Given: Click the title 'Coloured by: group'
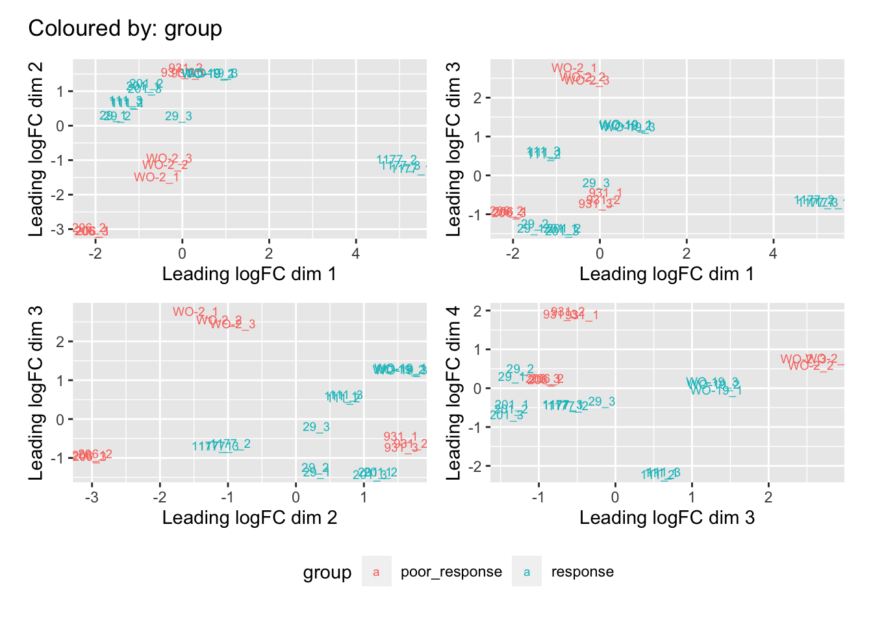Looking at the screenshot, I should click(x=125, y=29).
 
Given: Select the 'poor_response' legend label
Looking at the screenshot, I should click(x=451, y=572).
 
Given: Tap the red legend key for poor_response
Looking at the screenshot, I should click(x=376, y=572).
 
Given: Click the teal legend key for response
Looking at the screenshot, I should click(x=527, y=572).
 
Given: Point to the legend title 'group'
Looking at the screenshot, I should click(x=327, y=573).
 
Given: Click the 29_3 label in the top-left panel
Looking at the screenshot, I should click(x=178, y=116).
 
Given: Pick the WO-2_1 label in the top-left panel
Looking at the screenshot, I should click(x=157, y=177).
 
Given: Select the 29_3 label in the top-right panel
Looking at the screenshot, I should click(x=596, y=183).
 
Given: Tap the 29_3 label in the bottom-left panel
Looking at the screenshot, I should click(x=316, y=427).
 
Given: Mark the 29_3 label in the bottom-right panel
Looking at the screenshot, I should click(x=601, y=402).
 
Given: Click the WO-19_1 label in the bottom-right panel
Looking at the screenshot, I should click(x=716, y=391).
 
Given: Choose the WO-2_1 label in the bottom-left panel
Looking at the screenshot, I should click(x=196, y=312).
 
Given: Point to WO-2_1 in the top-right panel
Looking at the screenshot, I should click(x=574, y=68).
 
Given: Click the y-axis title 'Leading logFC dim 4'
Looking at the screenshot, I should click(x=453, y=393).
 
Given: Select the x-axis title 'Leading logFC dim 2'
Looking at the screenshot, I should click(x=249, y=518).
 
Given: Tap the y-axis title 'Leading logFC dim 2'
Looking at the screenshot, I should click(x=36, y=149).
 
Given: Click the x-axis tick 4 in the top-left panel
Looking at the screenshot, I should click(x=355, y=253).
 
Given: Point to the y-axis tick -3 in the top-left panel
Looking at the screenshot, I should click(x=60, y=229).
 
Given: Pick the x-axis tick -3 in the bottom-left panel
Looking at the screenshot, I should click(x=92, y=497).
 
